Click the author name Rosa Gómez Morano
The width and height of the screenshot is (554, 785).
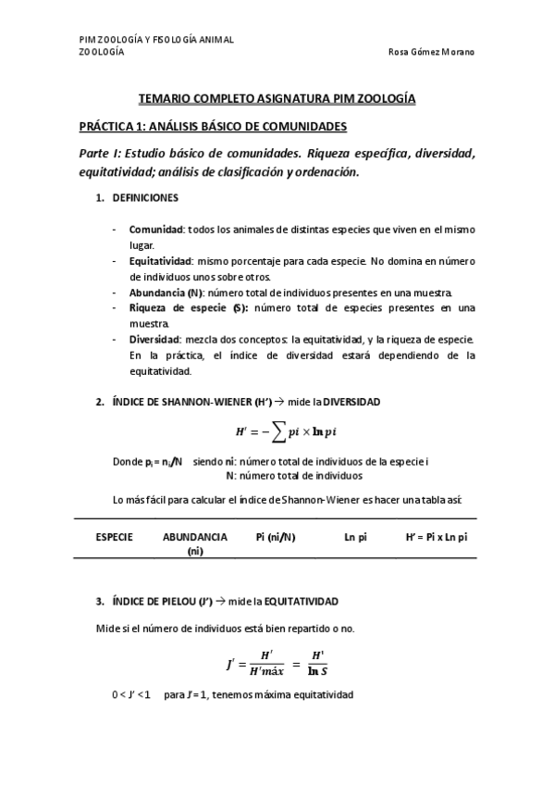coord(431,52)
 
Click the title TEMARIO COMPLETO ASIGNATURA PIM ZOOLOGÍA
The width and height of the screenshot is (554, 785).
coord(277,97)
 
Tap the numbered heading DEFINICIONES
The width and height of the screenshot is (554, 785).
coord(145,198)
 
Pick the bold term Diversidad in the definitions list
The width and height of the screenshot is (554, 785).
coord(154,339)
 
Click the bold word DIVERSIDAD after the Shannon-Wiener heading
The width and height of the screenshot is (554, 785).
coord(348,401)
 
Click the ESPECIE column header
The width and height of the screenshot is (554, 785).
coord(114,537)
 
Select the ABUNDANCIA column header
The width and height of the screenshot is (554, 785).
coord(194,537)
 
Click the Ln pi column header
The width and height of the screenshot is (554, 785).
coord(356,537)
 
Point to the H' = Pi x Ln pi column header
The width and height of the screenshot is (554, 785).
coord(436,537)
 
